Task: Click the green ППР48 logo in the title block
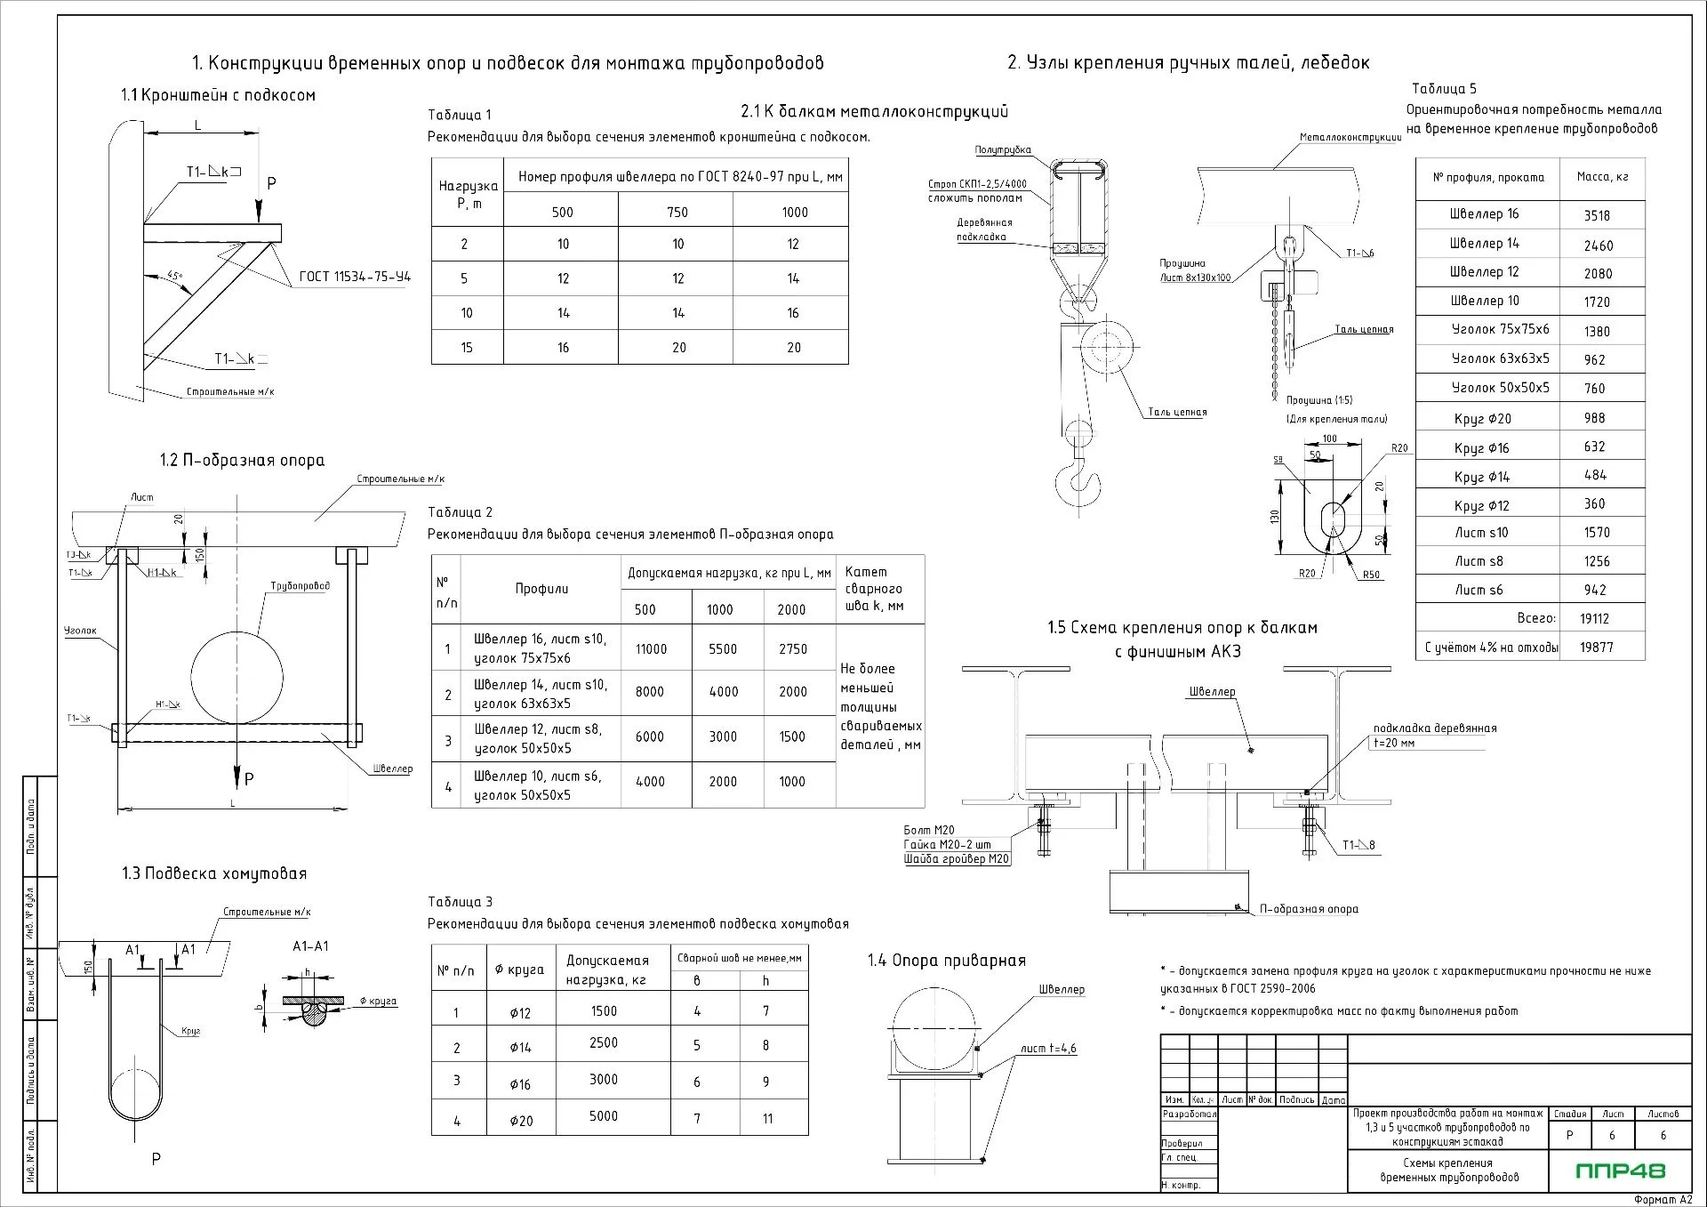coord(1621,1171)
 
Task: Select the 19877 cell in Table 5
coord(1597,648)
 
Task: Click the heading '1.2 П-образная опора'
coord(242,460)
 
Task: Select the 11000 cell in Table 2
coord(651,649)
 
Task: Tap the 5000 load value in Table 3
coord(604,1116)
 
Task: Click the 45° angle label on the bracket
coord(174,277)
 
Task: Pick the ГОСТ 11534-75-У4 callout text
coord(355,277)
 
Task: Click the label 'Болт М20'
coord(928,830)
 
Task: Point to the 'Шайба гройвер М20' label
coord(956,859)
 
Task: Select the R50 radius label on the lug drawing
coord(1371,575)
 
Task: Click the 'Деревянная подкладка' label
coord(983,229)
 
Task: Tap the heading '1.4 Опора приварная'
coord(946,961)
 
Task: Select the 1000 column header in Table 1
coord(794,213)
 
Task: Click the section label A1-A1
coord(310,946)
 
